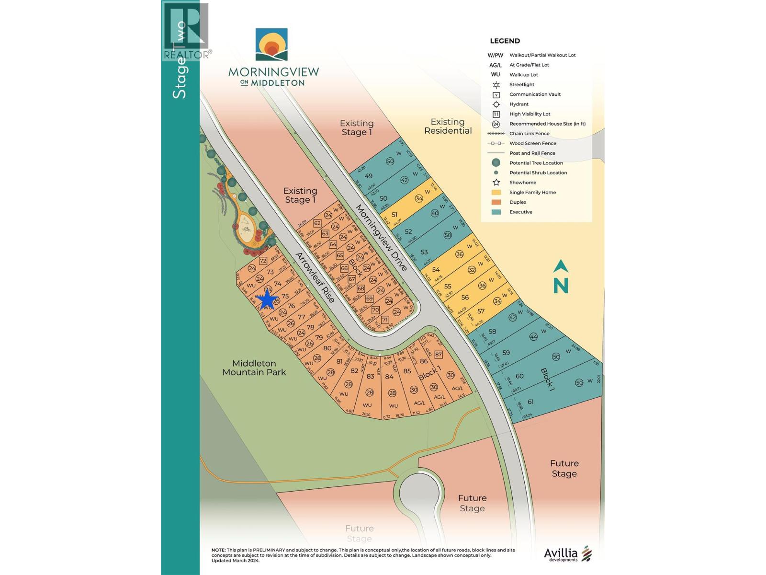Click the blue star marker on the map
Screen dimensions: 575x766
[x=267, y=300]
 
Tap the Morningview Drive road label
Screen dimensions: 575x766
[x=381, y=238]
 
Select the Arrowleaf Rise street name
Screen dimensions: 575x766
[x=314, y=277]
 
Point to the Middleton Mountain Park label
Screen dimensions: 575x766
[x=254, y=368]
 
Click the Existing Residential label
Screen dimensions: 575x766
[x=448, y=126]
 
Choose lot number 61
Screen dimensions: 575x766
[x=530, y=402]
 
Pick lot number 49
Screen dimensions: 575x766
[x=369, y=176]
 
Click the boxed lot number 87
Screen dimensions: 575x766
[x=439, y=355]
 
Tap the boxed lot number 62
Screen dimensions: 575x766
[x=317, y=223]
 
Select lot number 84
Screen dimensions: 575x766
[x=389, y=376]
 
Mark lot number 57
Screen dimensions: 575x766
[x=481, y=311]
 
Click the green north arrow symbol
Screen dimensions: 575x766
[x=561, y=277]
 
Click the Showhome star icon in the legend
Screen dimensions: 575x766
[x=496, y=183]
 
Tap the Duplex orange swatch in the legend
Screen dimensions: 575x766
[x=496, y=202]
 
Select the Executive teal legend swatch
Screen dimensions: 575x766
[x=496, y=212]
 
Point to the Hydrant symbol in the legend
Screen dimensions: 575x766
[x=496, y=104]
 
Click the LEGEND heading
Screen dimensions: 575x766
[x=505, y=41]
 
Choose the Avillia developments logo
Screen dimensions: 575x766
[x=568, y=554]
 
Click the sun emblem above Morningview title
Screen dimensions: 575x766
[x=271, y=45]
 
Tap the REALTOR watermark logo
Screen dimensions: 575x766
[x=187, y=32]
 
